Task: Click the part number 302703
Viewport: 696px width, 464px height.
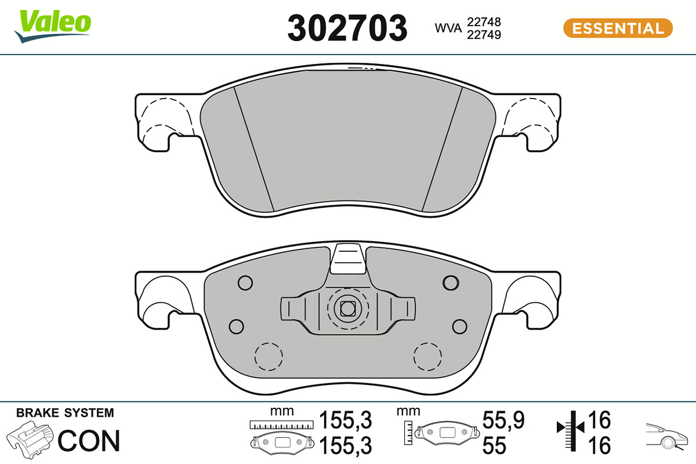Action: (x=347, y=28)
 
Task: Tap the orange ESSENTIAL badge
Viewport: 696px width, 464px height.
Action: (x=618, y=28)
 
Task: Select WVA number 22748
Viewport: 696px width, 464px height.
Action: (x=484, y=22)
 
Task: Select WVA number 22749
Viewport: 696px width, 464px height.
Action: (x=484, y=35)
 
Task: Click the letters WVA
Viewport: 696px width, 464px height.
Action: (x=448, y=28)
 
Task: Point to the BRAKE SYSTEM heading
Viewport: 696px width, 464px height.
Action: (x=65, y=413)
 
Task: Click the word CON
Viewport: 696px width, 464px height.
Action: (x=89, y=441)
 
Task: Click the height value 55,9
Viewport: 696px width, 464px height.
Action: (x=503, y=420)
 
